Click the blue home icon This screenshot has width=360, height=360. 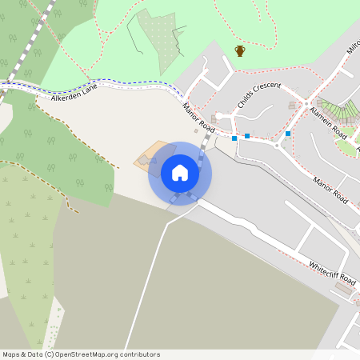[x=180, y=173]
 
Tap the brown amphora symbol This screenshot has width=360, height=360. [x=239, y=51]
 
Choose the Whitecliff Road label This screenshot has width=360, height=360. [x=332, y=272]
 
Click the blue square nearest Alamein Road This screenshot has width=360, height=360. [x=288, y=134]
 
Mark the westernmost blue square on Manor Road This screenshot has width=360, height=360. [x=234, y=138]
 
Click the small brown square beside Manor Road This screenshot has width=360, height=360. [x=196, y=131]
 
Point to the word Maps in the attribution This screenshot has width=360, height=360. [x=13, y=354]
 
